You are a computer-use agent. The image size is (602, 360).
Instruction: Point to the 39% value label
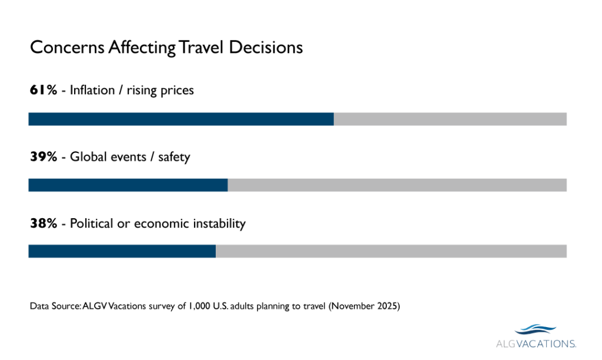44,157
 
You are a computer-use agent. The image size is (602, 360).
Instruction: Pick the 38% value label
44,224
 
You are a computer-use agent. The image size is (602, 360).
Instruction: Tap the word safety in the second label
174,157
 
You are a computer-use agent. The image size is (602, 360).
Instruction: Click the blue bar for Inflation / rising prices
181,119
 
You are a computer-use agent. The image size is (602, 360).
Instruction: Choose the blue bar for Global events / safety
128,185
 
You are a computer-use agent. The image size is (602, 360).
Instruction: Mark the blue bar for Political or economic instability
122,251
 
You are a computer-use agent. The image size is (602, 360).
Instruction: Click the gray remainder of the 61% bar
450,119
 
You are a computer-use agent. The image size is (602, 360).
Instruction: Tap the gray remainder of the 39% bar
397,185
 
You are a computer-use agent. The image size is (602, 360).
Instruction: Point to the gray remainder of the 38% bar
391,251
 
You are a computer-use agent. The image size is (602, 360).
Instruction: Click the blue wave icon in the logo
536,329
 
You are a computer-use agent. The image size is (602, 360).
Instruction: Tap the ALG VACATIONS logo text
535,343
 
